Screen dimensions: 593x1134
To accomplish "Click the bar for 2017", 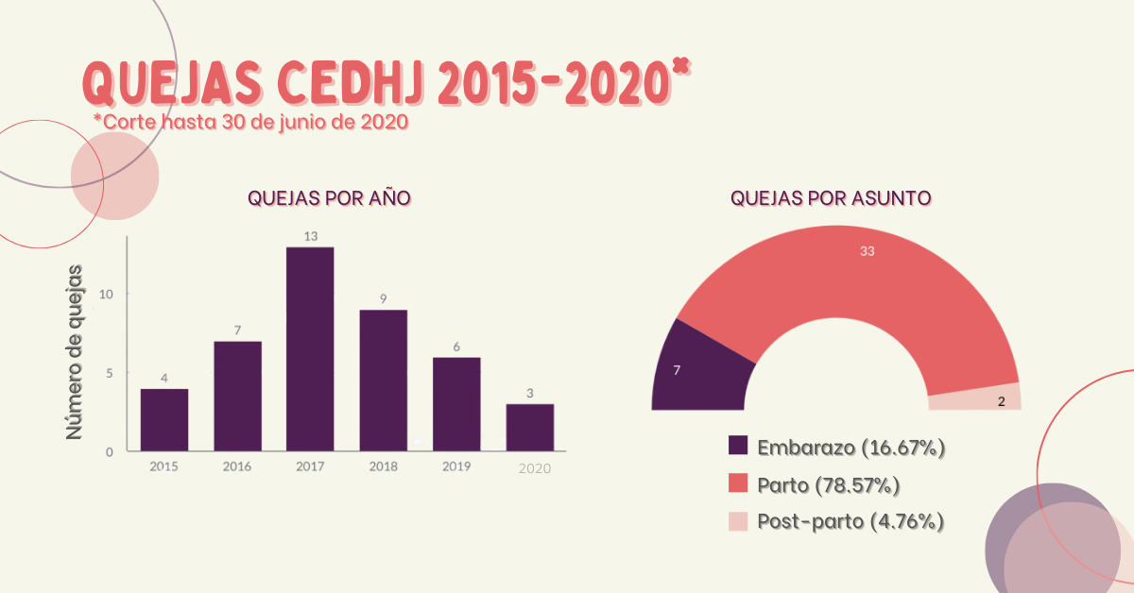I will [x=310, y=349].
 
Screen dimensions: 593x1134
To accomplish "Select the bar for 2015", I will [x=164, y=419].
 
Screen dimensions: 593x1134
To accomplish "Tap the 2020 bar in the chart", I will [x=529, y=427].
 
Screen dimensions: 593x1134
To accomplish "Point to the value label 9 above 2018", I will [x=383, y=298].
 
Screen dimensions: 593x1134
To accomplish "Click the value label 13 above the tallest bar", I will [x=310, y=235].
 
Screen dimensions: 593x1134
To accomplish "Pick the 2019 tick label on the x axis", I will [x=456, y=466].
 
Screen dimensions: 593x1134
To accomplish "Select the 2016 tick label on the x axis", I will [x=237, y=466].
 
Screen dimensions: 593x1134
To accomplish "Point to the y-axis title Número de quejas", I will [x=75, y=351].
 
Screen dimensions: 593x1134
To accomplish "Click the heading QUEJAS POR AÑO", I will [x=329, y=198].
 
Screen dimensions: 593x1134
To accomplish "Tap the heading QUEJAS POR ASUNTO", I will [x=832, y=198].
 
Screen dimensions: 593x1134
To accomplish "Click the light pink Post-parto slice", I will [x=973, y=398].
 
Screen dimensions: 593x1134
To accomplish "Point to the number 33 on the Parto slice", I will [x=867, y=251].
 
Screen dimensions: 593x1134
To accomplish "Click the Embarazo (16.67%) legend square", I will [x=739, y=447].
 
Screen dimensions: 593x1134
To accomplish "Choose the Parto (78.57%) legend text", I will [x=828, y=485].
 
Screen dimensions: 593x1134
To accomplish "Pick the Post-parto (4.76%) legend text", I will [x=850, y=521].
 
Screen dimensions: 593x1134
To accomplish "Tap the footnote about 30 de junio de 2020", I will [x=250, y=122].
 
